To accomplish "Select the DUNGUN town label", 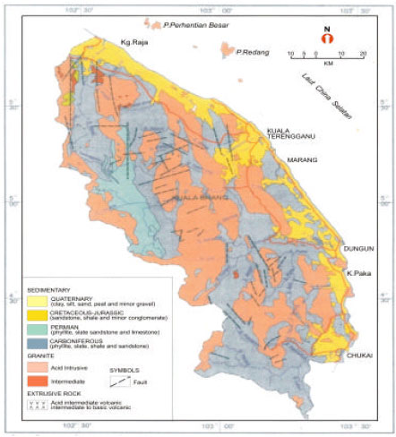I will point(356,250).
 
